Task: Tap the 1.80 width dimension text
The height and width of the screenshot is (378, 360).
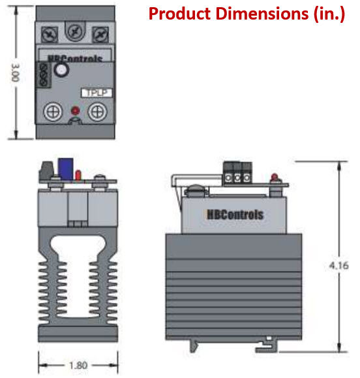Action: [x=78, y=366]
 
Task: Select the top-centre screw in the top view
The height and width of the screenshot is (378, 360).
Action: [x=74, y=29]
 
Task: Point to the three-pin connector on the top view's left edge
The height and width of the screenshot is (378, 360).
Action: [x=44, y=74]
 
